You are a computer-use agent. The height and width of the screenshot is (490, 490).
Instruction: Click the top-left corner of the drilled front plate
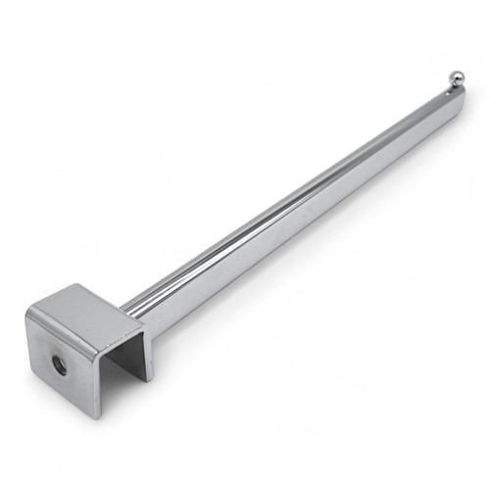pyautogui.click(x=26, y=312)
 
